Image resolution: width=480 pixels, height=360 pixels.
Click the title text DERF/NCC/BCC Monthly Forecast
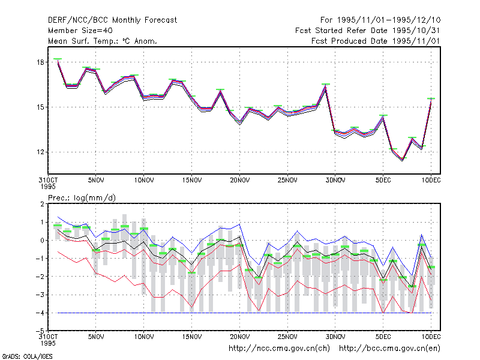point(112,20)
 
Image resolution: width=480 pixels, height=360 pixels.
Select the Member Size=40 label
point(80,31)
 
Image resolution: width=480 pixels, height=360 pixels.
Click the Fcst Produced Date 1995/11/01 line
point(376,41)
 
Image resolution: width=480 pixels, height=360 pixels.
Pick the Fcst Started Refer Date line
point(367,31)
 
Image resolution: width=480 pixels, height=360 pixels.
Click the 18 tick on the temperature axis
point(40,62)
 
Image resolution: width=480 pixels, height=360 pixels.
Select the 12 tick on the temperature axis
point(40,152)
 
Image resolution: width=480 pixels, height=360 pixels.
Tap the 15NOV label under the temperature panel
point(192,181)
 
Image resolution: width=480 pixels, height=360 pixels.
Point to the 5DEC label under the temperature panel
point(383,181)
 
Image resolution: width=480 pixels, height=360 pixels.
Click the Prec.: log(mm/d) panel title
point(82,198)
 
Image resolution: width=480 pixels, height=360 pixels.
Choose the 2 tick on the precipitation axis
point(42,204)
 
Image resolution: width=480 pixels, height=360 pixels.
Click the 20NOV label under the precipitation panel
point(239,337)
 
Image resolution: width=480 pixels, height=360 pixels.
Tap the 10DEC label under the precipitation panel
point(431,337)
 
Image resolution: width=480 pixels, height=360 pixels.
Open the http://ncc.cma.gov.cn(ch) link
point(279,349)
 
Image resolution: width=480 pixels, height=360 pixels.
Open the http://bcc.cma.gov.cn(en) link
point(389,349)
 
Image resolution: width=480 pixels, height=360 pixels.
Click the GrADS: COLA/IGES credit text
point(27,356)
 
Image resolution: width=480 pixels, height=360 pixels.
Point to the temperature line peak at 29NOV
point(326,85)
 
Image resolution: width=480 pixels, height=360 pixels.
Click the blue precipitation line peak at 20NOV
point(239,224)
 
